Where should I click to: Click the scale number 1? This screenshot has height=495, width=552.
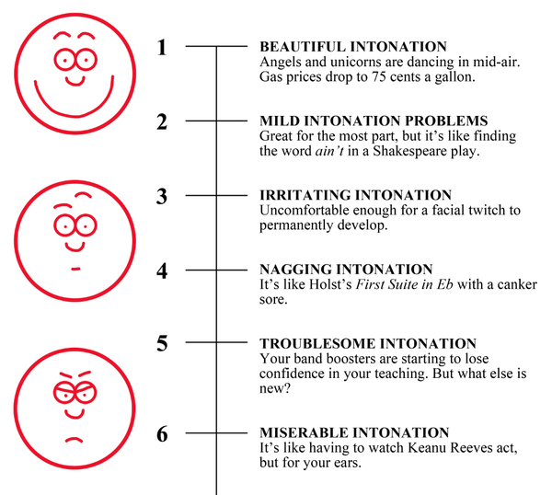coord(162,46)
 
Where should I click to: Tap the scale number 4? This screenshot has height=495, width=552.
coord(162,271)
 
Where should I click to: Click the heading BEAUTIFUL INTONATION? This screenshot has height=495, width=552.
coord(353,46)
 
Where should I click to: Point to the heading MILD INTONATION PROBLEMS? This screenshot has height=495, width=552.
coord(374,121)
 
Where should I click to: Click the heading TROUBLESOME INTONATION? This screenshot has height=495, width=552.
coord(367,343)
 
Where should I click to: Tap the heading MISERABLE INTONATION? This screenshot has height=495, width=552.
coord(354,432)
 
